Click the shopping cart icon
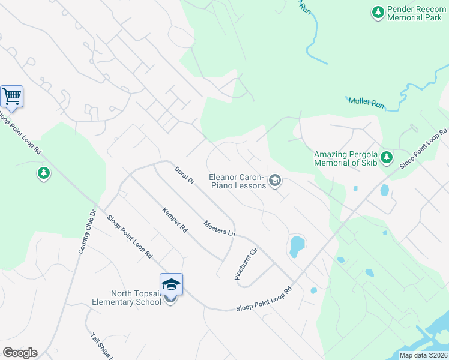tap(11, 96)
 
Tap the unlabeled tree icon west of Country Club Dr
tap(43, 174)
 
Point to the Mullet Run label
tap(366, 103)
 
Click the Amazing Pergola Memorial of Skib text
tap(347, 158)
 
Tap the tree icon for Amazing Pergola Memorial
tap(387, 157)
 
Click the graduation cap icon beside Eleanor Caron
tap(275, 181)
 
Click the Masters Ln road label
tap(218, 228)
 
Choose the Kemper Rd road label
tap(175, 220)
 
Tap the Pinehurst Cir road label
tap(246, 264)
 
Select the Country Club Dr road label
tap(88, 231)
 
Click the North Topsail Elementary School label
tap(136, 298)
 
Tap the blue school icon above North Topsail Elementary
tap(171, 284)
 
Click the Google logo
tap(20, 353)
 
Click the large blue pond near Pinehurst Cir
tap(296, 245)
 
